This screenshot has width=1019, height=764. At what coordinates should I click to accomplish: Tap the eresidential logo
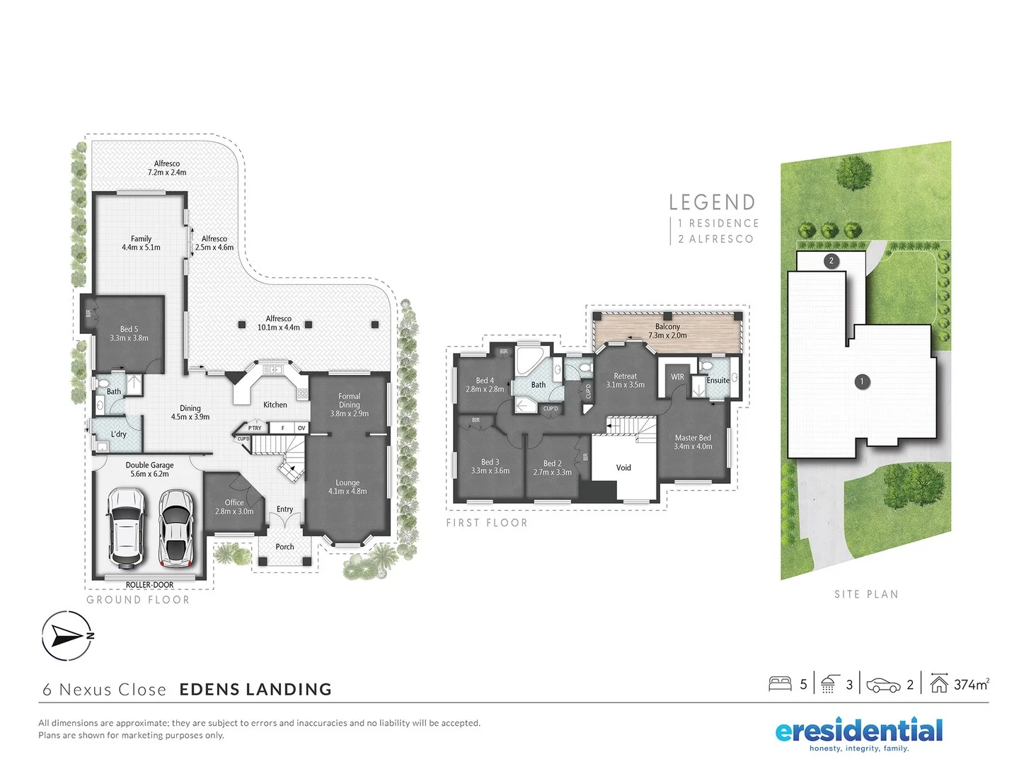[858, 733]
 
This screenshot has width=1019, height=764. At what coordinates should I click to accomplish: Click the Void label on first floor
[623, 468]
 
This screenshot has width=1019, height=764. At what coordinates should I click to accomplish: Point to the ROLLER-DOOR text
[149, 585]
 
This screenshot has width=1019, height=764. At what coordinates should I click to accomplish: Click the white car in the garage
[126, 527]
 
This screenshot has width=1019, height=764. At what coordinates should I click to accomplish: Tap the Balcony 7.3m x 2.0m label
[667, 331]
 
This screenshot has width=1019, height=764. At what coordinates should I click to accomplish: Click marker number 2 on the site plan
[831, 261]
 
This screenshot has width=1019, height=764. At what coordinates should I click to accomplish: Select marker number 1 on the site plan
[862, 382]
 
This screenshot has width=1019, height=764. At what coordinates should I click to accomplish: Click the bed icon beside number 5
[780, 684]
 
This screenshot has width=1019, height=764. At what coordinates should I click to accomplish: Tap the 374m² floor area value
[971, 684]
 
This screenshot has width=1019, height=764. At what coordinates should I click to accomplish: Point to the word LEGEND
[712, 203]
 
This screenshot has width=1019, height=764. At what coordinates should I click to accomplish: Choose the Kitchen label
[275, 405]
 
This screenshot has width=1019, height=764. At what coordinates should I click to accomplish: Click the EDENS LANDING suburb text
[255, 690]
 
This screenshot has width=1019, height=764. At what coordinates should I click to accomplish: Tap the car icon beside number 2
[883, 685]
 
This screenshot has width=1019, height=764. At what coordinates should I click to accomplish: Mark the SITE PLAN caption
[866, 594]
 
